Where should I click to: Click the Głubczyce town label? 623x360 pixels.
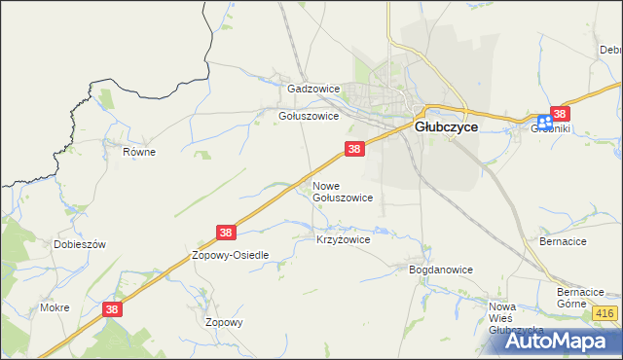coord(446,126)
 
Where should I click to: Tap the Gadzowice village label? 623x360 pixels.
coord(313,89)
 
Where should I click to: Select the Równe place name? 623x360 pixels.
coord(139,152)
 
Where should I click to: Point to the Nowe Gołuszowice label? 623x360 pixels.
coord(342,191)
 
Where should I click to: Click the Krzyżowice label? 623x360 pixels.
coord(344,238)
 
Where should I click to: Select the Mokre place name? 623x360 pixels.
coord(55,307)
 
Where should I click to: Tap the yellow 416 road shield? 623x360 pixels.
coord(605,312)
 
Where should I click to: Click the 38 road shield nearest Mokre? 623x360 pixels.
coord(113,307)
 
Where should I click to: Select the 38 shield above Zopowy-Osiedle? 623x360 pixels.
coord(226,233)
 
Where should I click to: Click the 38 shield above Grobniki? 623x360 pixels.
coord(560,113)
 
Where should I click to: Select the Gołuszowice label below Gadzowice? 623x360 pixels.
coord(309,115)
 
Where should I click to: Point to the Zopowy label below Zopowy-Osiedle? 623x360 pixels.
coord(223,322)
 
